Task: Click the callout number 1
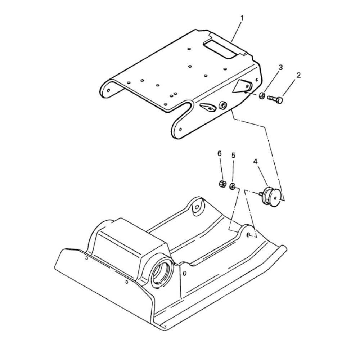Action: [242, 18]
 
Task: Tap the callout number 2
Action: [298, 75]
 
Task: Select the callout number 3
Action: [280, 68]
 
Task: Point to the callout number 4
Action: [255, 162]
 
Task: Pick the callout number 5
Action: [233, 156]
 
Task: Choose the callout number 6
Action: [220, 154]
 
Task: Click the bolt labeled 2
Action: [275, 99]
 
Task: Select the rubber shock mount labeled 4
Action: [271, 197]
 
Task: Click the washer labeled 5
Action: [232, 186]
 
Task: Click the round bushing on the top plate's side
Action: [222, 105]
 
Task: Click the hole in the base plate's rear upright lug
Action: [197, 207]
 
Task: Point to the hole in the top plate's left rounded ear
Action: [109, 90]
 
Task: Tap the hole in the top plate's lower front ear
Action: [180, 129]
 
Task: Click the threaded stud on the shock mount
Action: [261, 194]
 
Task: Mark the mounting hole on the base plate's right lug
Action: [248, 235]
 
